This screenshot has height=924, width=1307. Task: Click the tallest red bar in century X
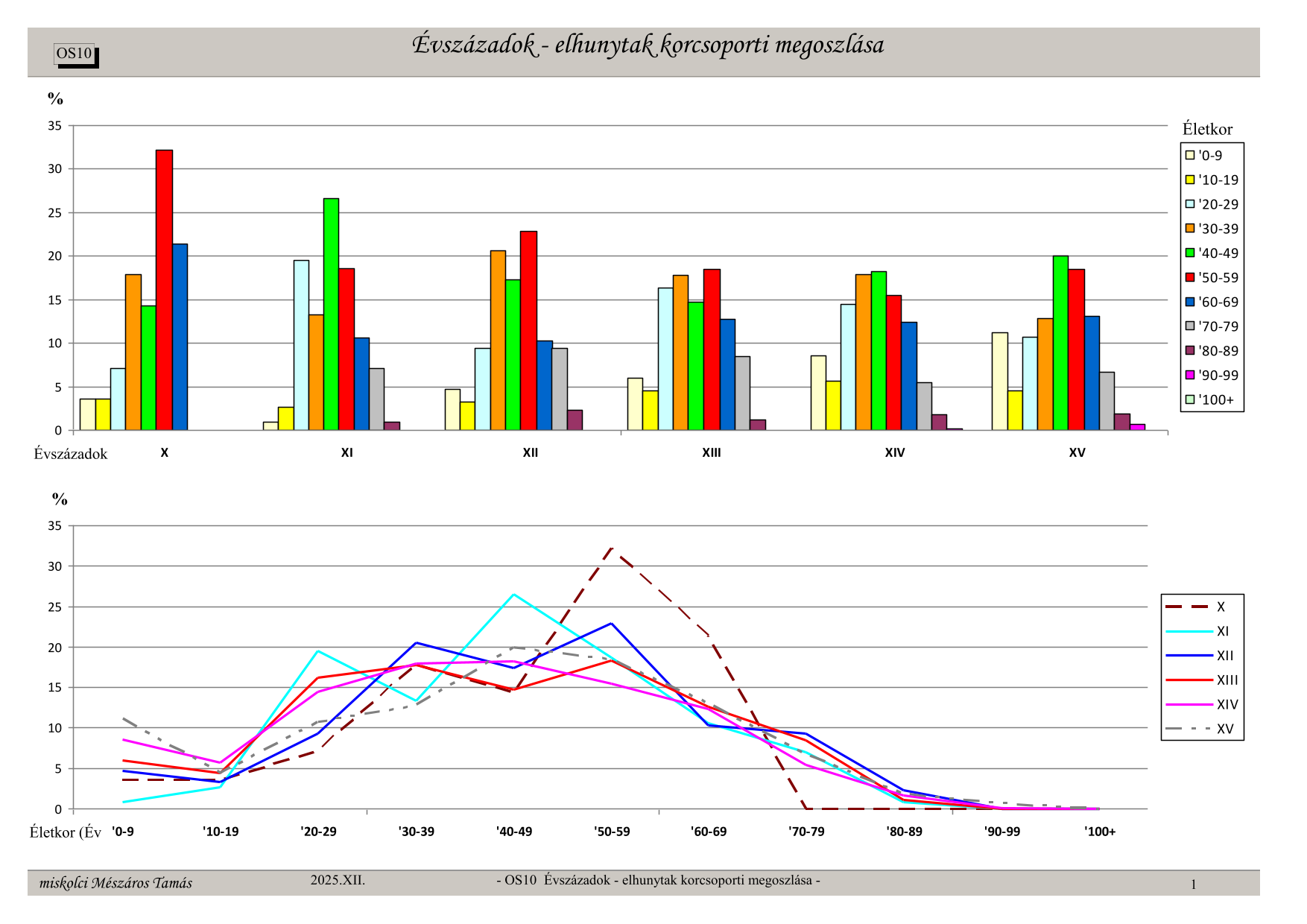click(x=164, y=290)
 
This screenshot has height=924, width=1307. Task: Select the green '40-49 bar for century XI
click(x=331, y=314)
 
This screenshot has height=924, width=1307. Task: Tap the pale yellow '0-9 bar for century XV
click(x=999, y=382)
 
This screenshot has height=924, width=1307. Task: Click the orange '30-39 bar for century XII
click(x=498, y=340)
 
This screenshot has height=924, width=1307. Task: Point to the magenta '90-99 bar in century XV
click(x=1137, y=427)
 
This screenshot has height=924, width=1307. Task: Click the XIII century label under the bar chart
click(x=712, y=453)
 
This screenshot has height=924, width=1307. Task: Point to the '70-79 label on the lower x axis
click(x=806, y=832)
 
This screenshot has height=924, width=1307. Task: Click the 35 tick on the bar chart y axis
click(x=55, y=126)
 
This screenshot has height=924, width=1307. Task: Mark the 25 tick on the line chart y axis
click(x=55, y=607)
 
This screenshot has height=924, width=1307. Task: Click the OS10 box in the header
click(x=75, y=54)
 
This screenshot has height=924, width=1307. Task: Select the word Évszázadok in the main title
click(x=474, y=45)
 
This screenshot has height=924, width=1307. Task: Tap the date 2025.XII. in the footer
click(x=338, y=880)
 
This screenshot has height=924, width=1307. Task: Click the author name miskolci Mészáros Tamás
click(x=115, y=883)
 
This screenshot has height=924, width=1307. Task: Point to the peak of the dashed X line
click(x=612, y=548)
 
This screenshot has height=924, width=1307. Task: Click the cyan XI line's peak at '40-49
click(x=513, y=595)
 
